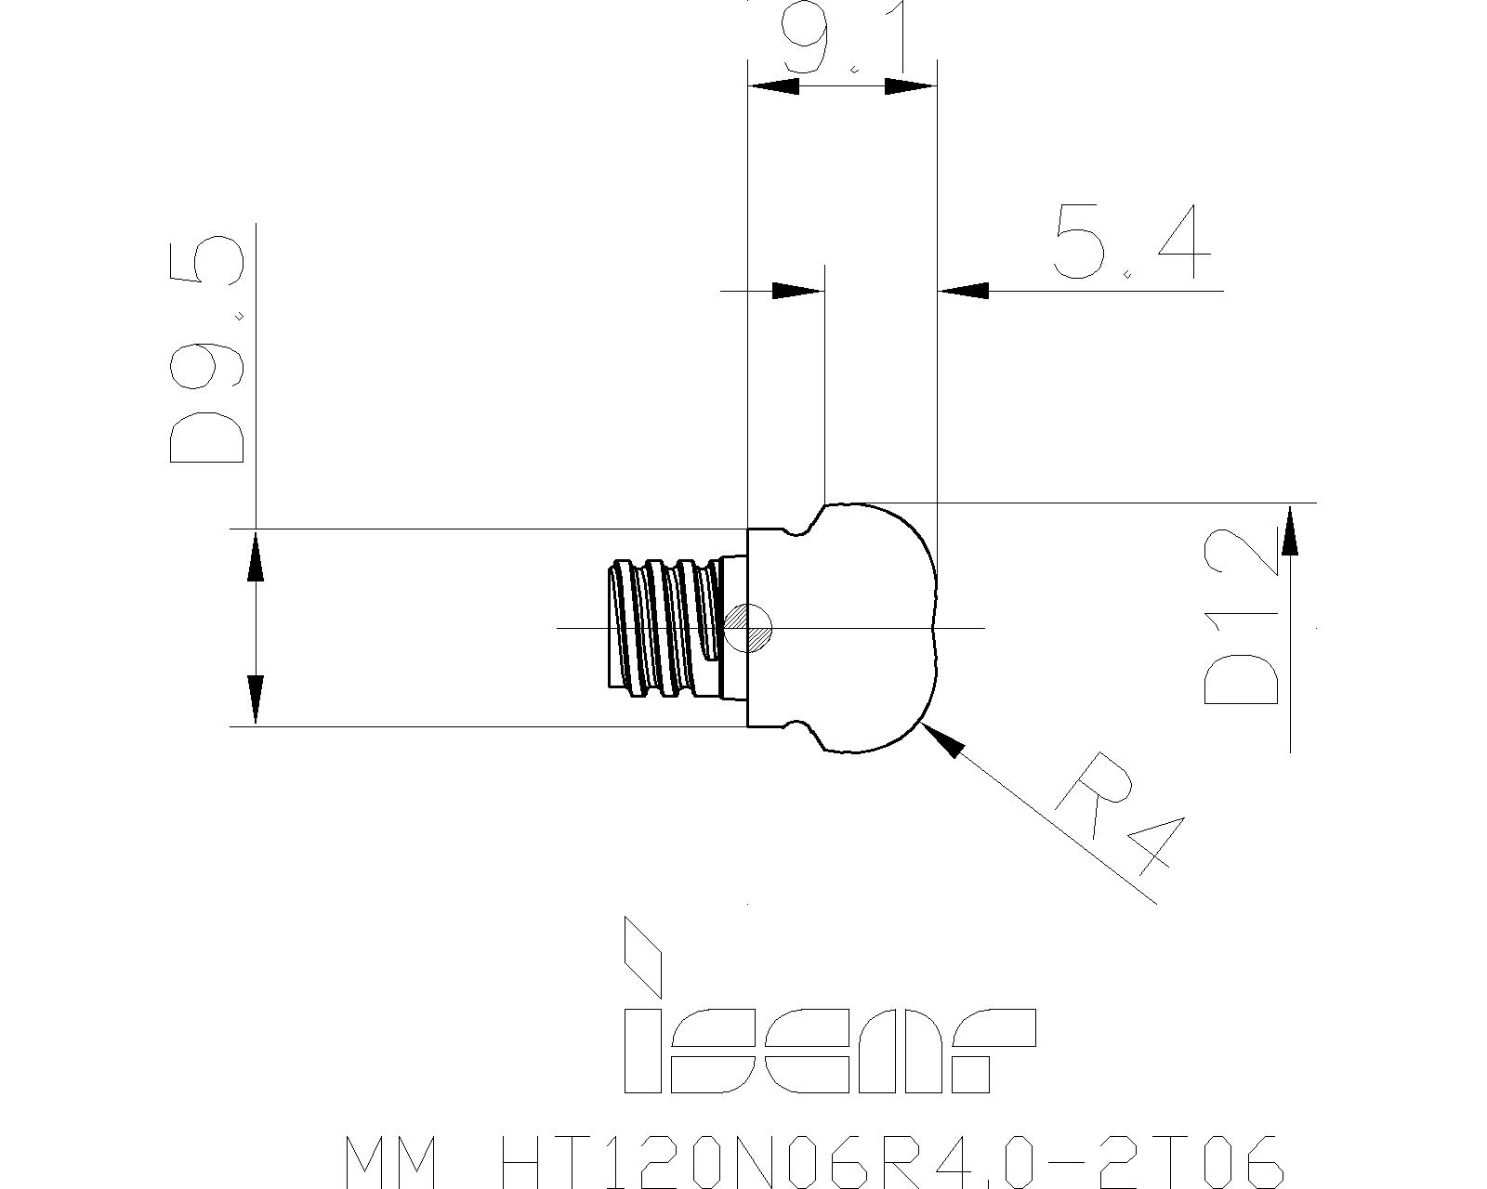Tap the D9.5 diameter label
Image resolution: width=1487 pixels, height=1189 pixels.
pyautogui.click(x=207, y=349)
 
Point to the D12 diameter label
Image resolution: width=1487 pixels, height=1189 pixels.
pyautogui.click(x=1241, y=617)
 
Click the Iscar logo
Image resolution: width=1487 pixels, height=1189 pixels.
pyautogui.click(x=829, y=1014)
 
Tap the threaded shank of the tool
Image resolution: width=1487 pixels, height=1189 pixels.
pyautogui.click(x=666, y=627)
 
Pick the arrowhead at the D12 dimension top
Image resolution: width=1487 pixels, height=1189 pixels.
pyautogui.click(x=1290, y=529)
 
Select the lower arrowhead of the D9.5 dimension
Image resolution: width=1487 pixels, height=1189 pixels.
pyautogui.click(x=256, y=700)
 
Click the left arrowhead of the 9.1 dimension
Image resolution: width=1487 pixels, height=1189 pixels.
pyautogui.click(x=774, y=86)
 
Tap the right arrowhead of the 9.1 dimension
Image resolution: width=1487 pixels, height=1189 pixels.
pyautogui.click(x=911, y=86)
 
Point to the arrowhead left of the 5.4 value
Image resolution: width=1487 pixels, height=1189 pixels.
pyautogui.click(x=797, y=291)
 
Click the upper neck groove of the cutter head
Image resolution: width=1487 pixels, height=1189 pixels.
pyautogui.click(x=800, y=529)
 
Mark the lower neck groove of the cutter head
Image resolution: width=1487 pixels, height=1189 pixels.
pyautogui.click(x=800, y=726)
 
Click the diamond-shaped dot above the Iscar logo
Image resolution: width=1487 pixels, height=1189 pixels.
pyautogui.click(x=642, y=956)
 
